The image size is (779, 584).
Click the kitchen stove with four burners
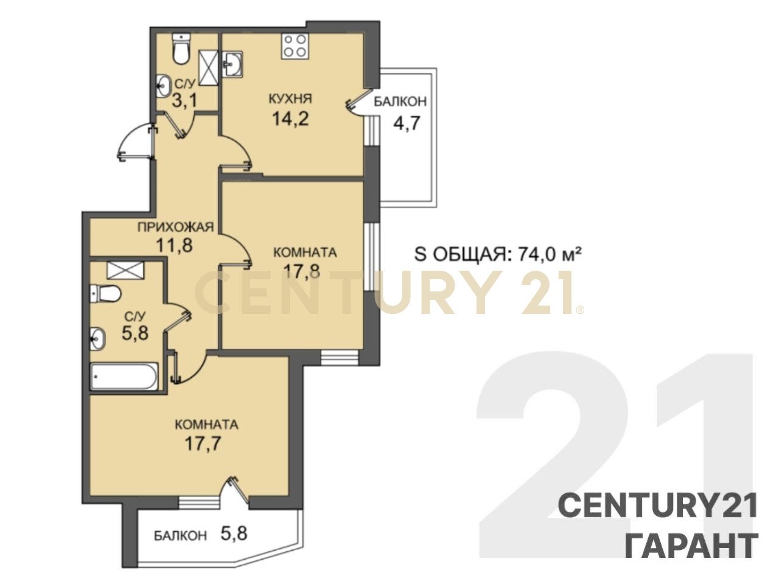pyautogui.click(x=295, y=46)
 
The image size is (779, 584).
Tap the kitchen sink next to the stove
pyautogui.click(x=232, y=64)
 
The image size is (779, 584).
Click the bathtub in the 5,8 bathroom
pyautogui.click(x=124, y=376)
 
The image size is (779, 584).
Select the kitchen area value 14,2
pyautogui.click(x=290, y=119)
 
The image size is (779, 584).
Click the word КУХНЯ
pyautogui.click(x=290, y=98)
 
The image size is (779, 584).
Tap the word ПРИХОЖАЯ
pyautogui.click(x=176, y=226)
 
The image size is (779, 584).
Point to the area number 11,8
pyautogui.click(x=175, y=245)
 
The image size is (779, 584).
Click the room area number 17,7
pyautogui.click(x=203, y=443)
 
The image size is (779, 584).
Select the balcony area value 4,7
pyautogui.click(x=407, y=123)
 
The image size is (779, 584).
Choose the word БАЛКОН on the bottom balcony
pyautogui.click(x=180, y=536)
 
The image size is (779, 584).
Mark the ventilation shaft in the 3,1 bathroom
pyautogui.click(x=208, y=68)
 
